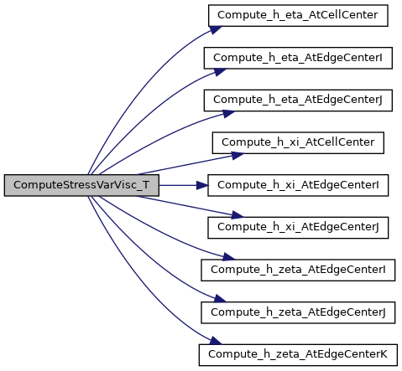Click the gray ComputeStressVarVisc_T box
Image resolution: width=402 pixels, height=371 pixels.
[81, 185]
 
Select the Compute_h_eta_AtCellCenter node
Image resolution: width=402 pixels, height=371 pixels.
[298, 16]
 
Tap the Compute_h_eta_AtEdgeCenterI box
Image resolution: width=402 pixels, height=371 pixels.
[298, 58]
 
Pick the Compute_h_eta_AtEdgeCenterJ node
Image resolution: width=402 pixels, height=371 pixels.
[298, 100]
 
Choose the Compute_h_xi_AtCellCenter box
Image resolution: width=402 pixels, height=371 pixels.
[298, 143]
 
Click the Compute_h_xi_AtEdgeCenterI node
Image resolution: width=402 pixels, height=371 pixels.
[298, 185]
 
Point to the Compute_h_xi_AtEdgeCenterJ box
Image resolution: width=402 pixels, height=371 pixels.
[298, 228]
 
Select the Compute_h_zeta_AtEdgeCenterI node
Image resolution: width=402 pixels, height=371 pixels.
[298, 271]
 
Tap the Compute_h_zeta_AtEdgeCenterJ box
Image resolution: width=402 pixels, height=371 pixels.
[298, 312]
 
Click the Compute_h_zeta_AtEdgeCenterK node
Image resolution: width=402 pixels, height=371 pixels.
[298, 355]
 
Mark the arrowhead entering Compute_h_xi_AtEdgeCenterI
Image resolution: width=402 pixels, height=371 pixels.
[202, 185]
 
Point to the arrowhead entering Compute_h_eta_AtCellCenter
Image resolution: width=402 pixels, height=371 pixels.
[216, 29]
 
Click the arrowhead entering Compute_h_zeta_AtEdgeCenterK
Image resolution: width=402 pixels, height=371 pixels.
[216, 341]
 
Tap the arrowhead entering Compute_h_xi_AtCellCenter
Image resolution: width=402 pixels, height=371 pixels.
[238, 155]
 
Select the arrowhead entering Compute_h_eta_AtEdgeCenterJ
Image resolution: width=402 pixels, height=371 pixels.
[229, 114]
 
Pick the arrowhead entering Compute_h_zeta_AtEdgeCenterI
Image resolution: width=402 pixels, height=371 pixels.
[229, 257]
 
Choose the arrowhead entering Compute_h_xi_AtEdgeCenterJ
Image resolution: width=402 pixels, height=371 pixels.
[238, 215]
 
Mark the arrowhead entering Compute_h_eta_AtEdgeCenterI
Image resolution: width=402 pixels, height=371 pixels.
[220, 72]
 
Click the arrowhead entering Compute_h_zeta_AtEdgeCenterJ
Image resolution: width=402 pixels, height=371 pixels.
[220, 299]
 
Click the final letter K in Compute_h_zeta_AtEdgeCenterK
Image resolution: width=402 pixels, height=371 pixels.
[384, 354]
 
